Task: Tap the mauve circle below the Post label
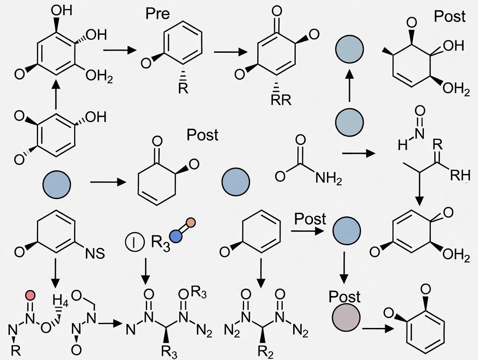tap(346, 319)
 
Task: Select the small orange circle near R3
tap(191, 223)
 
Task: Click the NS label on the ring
tap(95, 253)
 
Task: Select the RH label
tap(460, 176)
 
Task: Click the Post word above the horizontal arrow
tap(310, 219)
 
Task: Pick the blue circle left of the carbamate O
tap(236, 181)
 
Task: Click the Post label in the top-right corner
tap(450, 16)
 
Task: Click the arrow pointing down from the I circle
tap(146, 271)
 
